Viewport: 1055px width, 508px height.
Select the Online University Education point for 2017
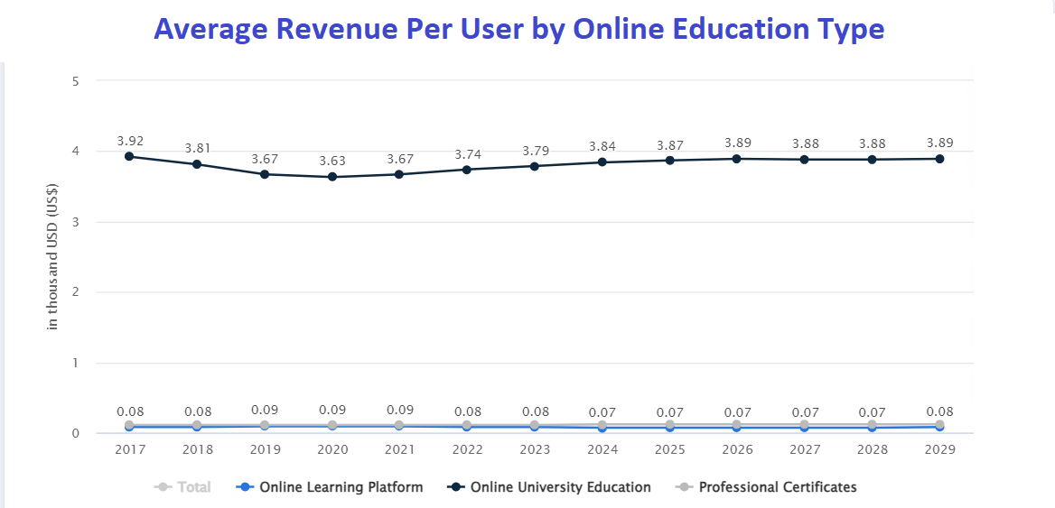coord(129,156)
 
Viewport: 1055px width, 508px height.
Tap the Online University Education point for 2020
coord(332,177)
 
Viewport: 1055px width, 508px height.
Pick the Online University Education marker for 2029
coord(939,159)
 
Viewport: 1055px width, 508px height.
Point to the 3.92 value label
coord(130,141)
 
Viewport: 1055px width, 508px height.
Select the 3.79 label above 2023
coord(536,150)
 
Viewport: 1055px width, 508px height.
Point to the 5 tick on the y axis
coord(76,81)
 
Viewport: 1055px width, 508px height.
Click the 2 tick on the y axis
coord(76,292)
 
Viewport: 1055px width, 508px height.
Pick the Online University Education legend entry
coord(549,487)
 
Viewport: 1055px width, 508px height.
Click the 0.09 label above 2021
coord(400,410)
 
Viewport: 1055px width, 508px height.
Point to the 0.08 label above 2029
coord(939,412)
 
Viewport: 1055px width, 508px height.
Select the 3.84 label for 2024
coord(603,146)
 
